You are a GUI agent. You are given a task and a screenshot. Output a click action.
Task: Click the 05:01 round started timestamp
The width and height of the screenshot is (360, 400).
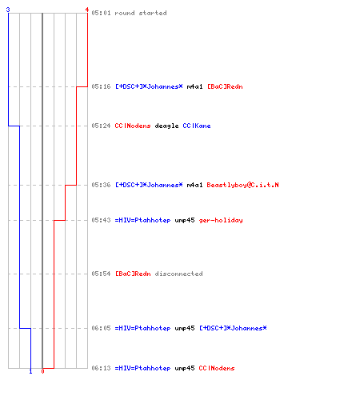pos(101,13)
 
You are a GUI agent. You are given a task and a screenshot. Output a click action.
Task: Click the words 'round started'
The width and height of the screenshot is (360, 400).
pos(141,13)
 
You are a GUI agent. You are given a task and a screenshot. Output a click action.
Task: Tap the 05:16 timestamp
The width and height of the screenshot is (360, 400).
pos(101,86)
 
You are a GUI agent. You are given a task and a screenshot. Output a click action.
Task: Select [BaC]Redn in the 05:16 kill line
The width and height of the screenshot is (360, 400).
pos(225,86)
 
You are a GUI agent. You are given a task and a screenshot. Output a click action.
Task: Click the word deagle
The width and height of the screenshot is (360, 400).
pos(166,126)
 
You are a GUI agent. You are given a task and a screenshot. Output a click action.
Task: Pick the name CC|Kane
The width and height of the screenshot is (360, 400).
pos(197,126)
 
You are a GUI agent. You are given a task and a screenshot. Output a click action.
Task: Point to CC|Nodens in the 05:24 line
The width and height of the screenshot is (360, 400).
pos(133,126)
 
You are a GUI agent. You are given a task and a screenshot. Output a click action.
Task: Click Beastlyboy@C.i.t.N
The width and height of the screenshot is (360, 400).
pos(242,185)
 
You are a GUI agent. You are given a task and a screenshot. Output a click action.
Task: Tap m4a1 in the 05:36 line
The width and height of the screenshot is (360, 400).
pos(194,185)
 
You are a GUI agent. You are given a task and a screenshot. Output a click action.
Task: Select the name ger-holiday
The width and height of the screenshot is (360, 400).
pos(221,220)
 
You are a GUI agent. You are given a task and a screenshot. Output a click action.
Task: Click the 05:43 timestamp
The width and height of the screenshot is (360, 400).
pos(101,220)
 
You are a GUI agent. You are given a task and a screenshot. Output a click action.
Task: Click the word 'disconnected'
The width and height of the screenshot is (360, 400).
pos(178,274)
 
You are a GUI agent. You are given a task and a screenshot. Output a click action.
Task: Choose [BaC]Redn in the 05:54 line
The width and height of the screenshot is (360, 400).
pos(133,274)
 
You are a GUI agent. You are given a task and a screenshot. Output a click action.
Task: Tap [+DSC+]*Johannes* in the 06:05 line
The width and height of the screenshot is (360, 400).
pos(233,328)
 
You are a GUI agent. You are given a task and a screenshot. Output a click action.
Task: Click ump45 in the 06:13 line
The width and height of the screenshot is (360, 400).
pos(185,369)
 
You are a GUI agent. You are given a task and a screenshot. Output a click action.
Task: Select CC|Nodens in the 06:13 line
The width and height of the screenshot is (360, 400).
pos(217,368)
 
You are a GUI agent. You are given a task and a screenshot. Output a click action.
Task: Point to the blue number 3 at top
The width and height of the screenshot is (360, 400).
pos(8,10)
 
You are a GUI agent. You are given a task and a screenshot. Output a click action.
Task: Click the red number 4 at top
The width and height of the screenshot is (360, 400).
pos(87,10)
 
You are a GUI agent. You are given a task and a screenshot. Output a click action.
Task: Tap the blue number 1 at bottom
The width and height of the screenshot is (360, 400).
pos(30,371)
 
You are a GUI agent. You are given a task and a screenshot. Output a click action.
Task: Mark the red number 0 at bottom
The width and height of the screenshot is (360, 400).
pos(42,371)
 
